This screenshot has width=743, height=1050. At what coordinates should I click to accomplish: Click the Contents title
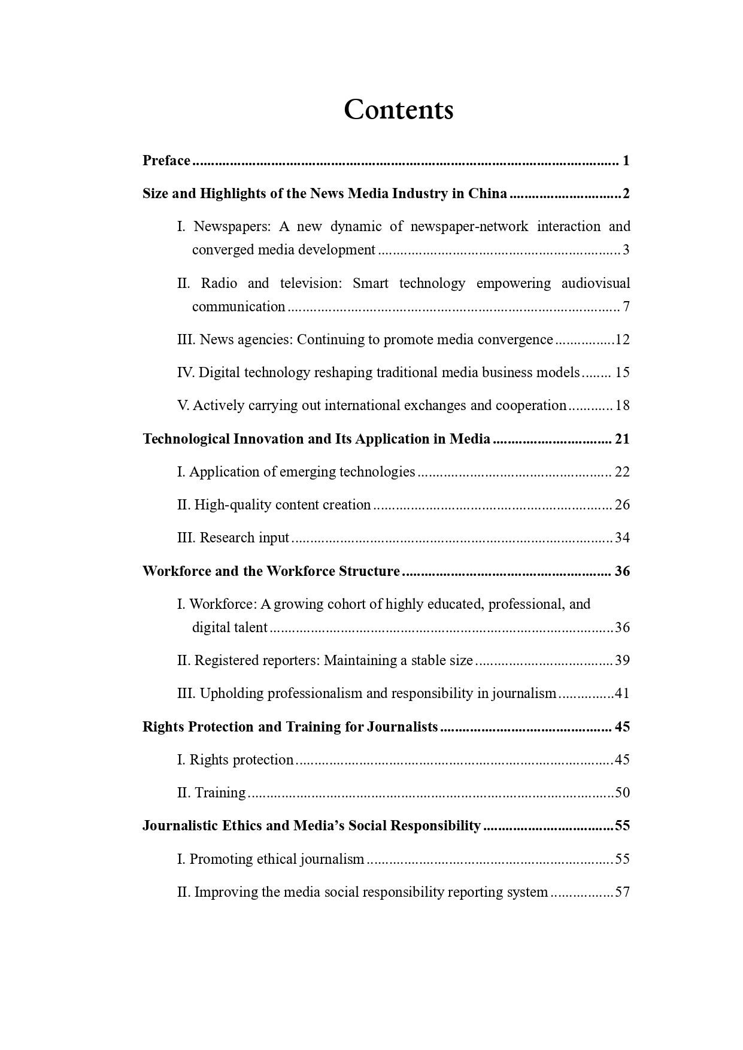pyautogui.click(x=398, y=110)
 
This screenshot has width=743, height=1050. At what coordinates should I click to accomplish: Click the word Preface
pyautogui.click(x=166, y=160)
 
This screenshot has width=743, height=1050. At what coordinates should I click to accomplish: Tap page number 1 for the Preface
pyautogui.click(x=626, y=160)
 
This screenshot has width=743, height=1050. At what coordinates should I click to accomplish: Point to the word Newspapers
pyautogui.click(x=232, y=226)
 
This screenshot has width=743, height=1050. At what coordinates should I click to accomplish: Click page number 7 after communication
pyautogui.click(x=626, y=306)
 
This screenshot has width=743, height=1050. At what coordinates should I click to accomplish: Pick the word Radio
pyautogui.click(x=219, y=283)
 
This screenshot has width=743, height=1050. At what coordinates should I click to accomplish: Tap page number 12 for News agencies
pyautogui.click(x=623, y=339)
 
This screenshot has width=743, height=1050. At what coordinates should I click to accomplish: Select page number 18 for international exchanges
pyautogui.click(x=623, y=405)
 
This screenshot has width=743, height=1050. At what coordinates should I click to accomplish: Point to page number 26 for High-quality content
pyautogui.click(x=623, y=505)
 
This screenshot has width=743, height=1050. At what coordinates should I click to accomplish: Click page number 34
pyautogui.click(x=623, y=538)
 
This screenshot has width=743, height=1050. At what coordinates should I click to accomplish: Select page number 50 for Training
pyautogui.click(x=623, y=793)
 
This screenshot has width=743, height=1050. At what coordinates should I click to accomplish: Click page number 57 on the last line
pyautogui.click(x=623, y=892)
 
